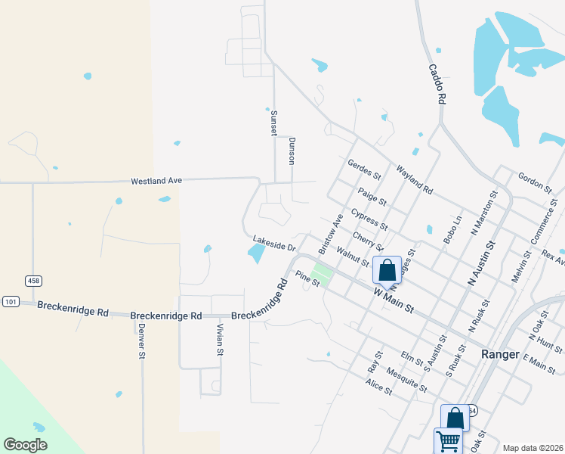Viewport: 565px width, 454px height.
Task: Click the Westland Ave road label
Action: click(157, 181)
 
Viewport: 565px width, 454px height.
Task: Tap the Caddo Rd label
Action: click(438, 83)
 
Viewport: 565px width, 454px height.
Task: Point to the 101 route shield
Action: click(10, 300)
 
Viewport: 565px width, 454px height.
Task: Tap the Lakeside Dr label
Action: click(273, 243)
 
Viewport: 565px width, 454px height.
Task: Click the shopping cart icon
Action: click(448, 440)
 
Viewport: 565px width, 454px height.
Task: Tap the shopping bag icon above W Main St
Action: click(387, 270)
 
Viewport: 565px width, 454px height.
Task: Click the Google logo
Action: click(25, 445)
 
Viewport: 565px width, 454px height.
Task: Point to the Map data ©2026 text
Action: click(533, 447)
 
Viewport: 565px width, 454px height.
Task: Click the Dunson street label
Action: click(292, 151)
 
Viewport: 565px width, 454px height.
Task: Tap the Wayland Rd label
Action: click(414, 180)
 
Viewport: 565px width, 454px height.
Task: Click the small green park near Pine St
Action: click(322, 271)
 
